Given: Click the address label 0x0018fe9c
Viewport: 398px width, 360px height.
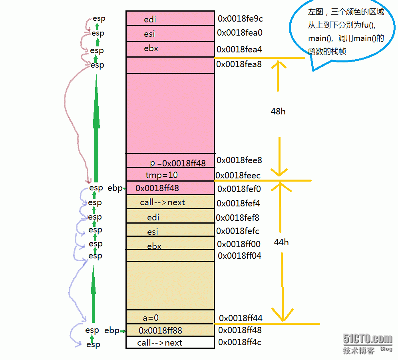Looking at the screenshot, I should (x=240, y=18).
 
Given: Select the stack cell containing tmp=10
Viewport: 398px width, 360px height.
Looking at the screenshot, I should (x=170, y=175).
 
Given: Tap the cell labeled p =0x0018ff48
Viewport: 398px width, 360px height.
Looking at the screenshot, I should (x=170, y=161).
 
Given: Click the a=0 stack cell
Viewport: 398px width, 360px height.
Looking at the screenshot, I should (x=170, y=318).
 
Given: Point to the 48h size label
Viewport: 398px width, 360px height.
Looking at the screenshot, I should (x=278, y=111).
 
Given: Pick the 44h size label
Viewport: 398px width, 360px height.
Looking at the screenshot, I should (x=281, y=242).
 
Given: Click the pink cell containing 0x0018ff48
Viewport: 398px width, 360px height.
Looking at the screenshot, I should (x=170, y=188).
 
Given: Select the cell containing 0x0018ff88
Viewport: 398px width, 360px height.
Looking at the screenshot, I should (x=170, y=330).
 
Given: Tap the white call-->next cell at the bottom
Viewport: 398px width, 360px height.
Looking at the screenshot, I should (x=170, y=342).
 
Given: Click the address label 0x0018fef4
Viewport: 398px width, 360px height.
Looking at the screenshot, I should (x=239, y=203).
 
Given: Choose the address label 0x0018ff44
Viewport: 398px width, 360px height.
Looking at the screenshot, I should (x=241, y=318).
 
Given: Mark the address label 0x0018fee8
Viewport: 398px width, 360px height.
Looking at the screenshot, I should (x=239, y=160).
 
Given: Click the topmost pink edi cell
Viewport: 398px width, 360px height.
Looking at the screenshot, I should (x=170, y=19).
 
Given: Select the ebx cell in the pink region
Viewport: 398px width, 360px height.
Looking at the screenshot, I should (x=170, y=49).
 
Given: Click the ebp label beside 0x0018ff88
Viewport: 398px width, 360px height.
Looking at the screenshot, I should (x=112, y=330).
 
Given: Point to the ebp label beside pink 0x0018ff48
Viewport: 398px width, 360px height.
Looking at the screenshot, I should (x=115, y=188).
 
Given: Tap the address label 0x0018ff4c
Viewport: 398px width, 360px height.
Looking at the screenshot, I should (x=240, y=342).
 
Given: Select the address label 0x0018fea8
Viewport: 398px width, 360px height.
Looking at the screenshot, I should (x=239, y=64).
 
